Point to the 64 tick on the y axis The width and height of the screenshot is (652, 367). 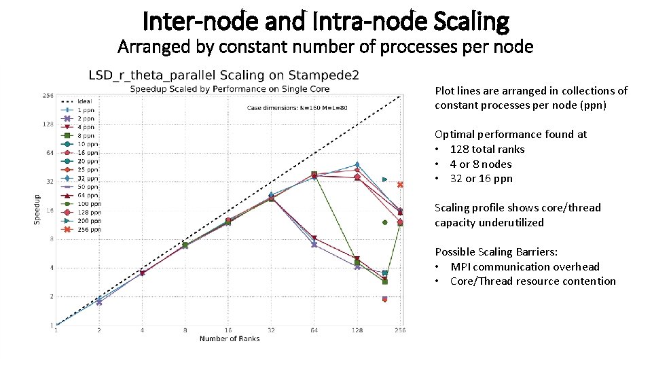(49, 153)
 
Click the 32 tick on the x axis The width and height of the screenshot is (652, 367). (271, 330)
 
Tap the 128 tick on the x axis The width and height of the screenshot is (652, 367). (357, 330)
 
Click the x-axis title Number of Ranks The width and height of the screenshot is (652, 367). (229, 338)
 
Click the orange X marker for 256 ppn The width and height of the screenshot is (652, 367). (401, 185)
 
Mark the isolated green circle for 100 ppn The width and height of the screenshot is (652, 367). (384, 222)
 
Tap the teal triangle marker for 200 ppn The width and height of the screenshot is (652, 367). (384, 179)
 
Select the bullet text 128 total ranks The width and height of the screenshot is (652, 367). (487, 149)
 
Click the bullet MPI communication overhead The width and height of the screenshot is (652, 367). (524, 266)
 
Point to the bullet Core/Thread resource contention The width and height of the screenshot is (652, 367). (532, 281)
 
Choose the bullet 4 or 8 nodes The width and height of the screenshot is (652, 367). (481, 164)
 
